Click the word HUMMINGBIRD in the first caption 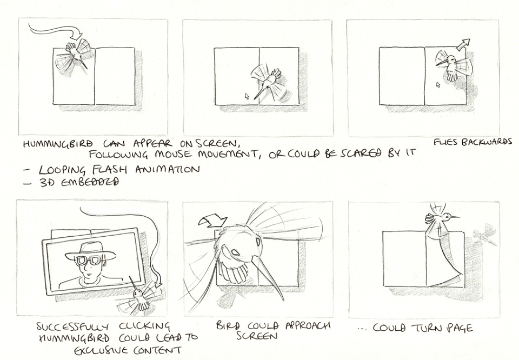[x=58, y=145]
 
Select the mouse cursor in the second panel [x=247, y=96]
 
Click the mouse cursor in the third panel [x=438, y=85]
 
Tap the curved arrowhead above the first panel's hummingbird [x=78, y=34]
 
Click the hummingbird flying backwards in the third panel [x=452, y=65]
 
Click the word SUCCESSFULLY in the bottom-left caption [x=72, y=327]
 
